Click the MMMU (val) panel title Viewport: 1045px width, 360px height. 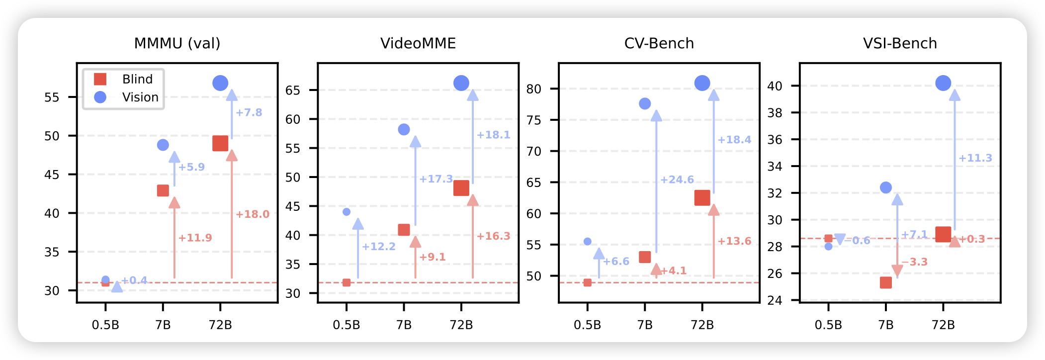177,44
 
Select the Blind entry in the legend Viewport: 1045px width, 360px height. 137,79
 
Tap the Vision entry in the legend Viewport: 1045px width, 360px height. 140,97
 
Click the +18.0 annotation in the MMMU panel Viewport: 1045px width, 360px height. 253,214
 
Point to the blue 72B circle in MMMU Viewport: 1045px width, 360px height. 220,83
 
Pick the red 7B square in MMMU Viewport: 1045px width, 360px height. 163,190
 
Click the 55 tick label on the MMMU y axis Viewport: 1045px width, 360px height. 52,97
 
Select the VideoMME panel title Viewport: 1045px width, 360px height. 418,44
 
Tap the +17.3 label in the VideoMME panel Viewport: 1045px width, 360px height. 436,179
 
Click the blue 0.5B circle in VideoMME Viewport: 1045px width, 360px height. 347,212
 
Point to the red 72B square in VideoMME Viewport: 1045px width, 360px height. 461,188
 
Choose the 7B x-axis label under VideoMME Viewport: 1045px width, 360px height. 404,325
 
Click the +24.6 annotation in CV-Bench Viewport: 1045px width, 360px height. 677,180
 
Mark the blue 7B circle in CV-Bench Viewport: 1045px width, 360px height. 645,103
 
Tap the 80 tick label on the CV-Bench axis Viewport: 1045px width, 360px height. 534,90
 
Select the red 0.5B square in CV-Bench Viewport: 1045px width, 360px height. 588,282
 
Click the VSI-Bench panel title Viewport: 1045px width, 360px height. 900,44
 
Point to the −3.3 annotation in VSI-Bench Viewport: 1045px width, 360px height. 914,262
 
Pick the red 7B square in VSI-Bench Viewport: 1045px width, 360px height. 886,282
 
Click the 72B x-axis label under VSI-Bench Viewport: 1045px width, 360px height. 943,325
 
